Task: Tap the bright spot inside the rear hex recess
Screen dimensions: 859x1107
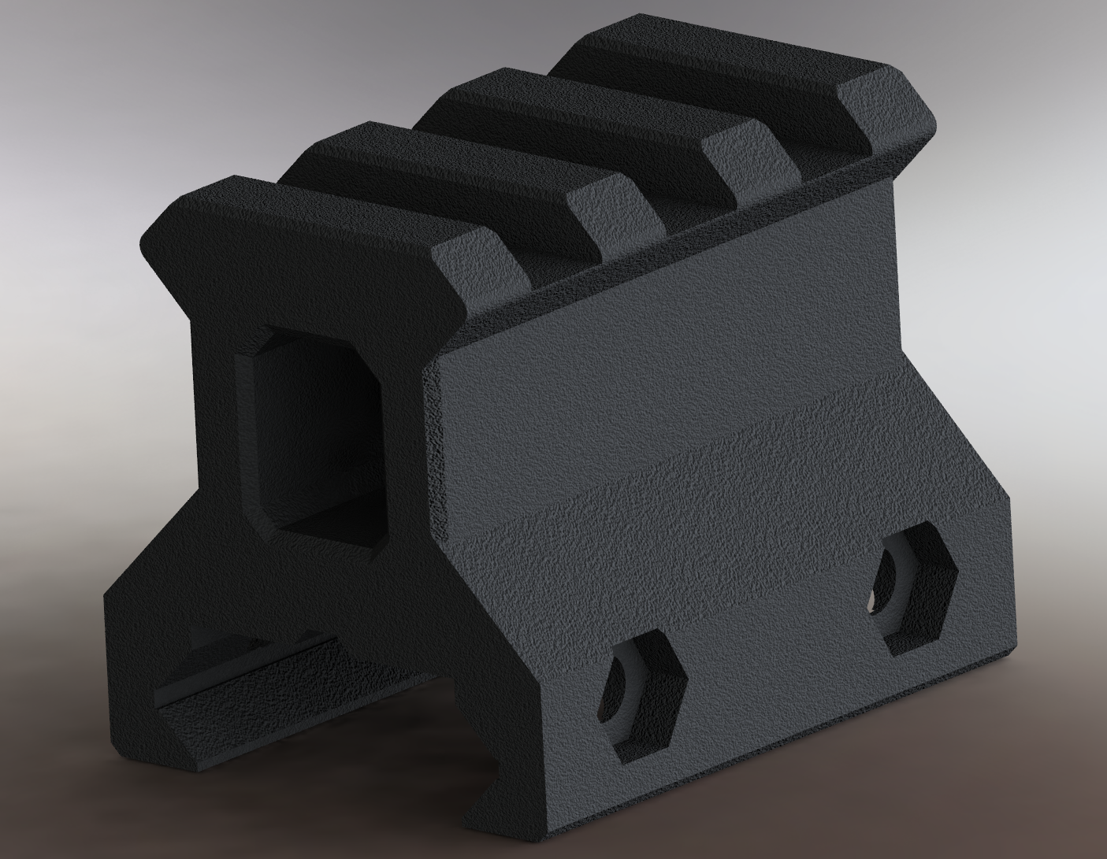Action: [873, 605]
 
